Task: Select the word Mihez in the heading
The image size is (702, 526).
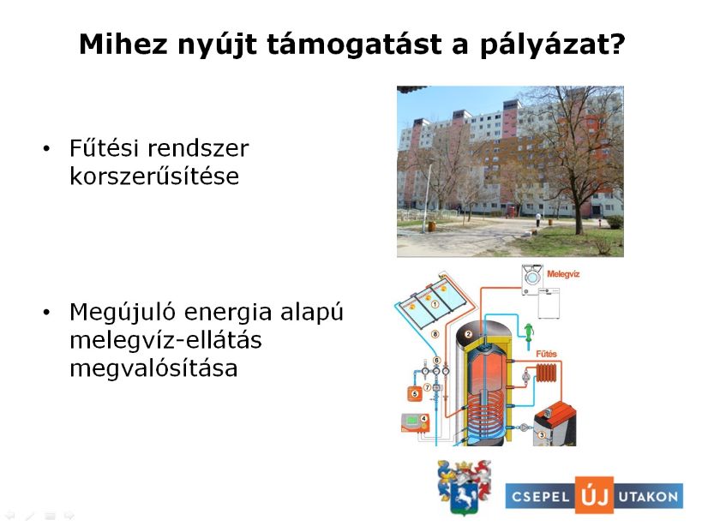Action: [x=123, y=44]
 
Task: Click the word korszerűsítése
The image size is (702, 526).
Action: [x=154, y=176]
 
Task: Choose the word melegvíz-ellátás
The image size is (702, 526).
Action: [x=165, y=340]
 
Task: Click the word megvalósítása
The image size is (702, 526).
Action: [x=153, y=368]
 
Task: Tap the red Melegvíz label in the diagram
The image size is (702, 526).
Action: [x=563, y=274]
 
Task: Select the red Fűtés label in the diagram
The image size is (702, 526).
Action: [x=546, y=354]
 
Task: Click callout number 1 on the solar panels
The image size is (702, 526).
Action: [x=435, y=304]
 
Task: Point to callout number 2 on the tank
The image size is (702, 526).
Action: [x=468, y=333]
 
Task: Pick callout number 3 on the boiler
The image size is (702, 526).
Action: [x=541, y=434]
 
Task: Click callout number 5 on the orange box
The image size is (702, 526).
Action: [x=415, y=394]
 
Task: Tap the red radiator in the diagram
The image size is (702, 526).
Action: [x=547, y=373]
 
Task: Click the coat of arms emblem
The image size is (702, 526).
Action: [x=465, y=487]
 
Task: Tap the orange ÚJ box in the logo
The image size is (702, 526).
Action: [x=594, y=495]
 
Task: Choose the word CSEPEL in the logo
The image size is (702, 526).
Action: [x=540, y=497]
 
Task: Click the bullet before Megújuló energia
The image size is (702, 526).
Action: [x=46, y=313]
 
